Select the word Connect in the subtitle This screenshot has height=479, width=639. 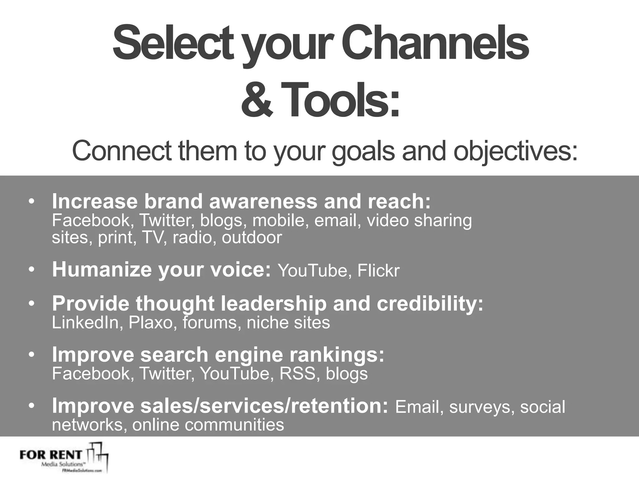click(122, 151)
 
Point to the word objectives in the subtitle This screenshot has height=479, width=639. click(515, 152)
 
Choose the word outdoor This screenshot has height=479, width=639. click(252, 238)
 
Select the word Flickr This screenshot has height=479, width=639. click(378, 271)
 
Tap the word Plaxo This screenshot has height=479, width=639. click(151, 322)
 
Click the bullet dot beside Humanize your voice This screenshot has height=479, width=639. click(31, 269)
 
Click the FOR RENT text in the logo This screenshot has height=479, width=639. click(51, 454)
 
